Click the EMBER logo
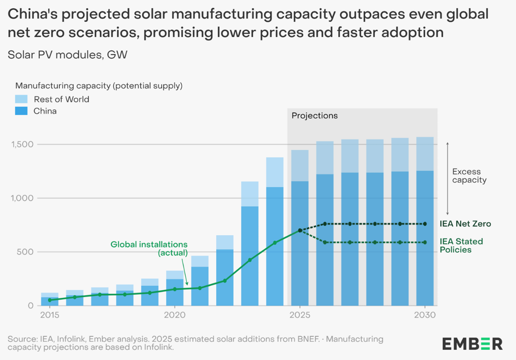pyautogui.click(x=472, y=343)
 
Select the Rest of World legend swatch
pyautogui.click(x=21, y=99)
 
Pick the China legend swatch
pyautogui.click(x=21, y=111)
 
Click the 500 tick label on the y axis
pyautogui.click(x=26, y=252)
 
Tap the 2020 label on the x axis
pyautogui.click(x=175, y=315)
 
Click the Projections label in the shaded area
pyautogui.click(x=315, y=116)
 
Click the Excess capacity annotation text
pyautogui.click(x=469, y=176)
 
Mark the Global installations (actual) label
pyautogui.click(x=149, y=249)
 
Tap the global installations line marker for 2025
pyautogui.click(x=300, y=231)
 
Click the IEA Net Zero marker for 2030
pyautogui.click(x=425, y=224)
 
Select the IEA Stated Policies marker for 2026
pyautogui.click(x=325, y=242)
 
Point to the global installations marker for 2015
pyautogui.click(x=50, y=300)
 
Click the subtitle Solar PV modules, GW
pyautogui.click(x=68, y=55)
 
